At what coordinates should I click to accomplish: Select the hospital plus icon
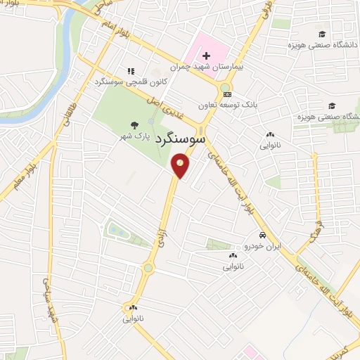tap(206, 56)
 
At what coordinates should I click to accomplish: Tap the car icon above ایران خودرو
tap(262, 235)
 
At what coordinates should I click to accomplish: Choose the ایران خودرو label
tap(262, 247)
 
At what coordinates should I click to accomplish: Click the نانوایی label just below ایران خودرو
tap(233, 267)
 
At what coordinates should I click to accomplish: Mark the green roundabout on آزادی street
tap(148, 267)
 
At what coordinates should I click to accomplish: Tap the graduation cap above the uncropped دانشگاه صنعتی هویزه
tap(322, 34)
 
